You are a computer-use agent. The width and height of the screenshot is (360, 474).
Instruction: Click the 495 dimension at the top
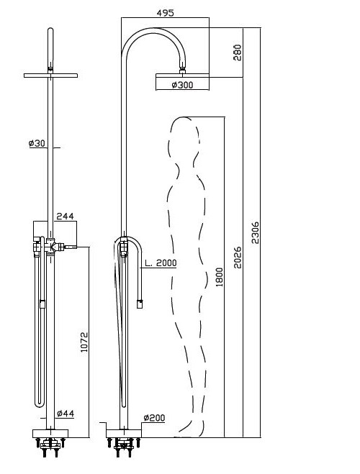(166, 13)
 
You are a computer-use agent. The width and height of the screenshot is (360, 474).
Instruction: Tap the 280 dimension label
(238, 53)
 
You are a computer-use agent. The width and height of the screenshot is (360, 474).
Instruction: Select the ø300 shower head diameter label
(182, 85)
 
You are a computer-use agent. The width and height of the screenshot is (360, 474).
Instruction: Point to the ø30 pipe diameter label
(37, 143)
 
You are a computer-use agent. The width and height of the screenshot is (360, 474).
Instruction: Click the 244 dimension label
(65, 217)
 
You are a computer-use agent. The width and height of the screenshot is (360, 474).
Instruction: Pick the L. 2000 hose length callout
(161, 263)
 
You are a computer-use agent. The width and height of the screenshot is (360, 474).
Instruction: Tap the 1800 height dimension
(220, 277)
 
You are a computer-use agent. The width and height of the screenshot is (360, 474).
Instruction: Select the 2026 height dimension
(238, 257)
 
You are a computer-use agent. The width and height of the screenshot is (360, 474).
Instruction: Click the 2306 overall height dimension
(256, 232)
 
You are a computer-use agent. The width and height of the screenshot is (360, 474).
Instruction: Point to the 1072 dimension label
(84, 342)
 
